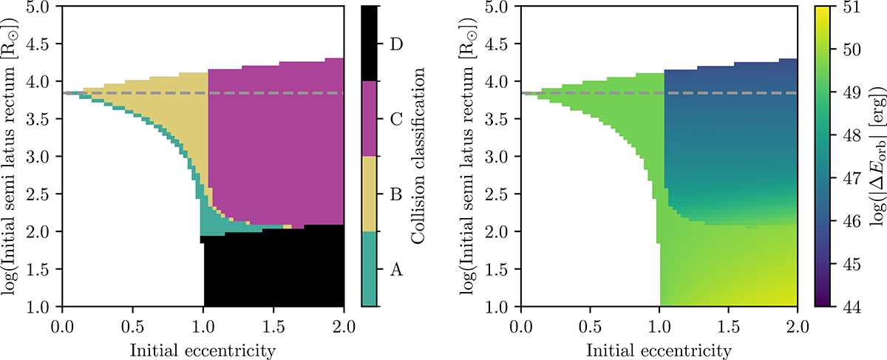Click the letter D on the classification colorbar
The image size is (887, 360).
pos(395,44)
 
